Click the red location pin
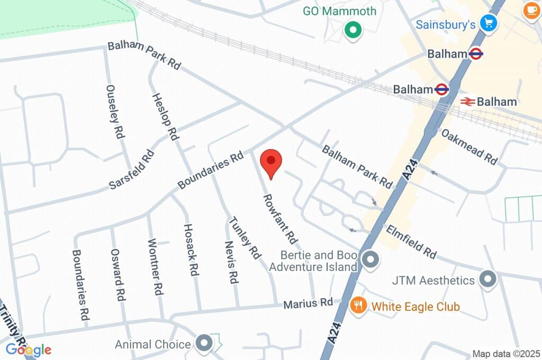tap(271, 162)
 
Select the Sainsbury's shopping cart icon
tap(487, 23)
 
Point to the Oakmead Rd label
tap(469, 147)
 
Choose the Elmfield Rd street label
tap(411, 242)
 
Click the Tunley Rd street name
tap(245, 238)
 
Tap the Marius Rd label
tap(308, 304)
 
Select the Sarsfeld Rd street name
tap(132, 169)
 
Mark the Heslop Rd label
tap(165, 116)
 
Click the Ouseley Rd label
tap(115, 112)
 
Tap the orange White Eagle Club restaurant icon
tap(359, 305)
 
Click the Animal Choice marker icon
tap(204, 344)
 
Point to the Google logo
tap(29, 349)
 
